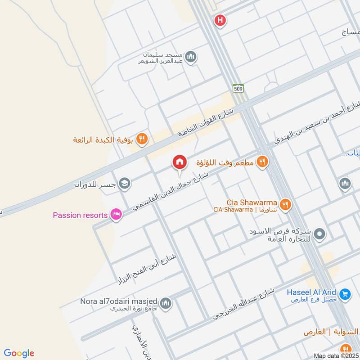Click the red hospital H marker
[220, 20]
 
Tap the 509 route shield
[238, 88]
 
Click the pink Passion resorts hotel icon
[116, 215]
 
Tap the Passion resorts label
[80, 215]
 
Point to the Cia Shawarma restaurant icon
[285, 205]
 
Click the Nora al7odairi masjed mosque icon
[166, 303]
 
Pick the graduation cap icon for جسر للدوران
[125, 183]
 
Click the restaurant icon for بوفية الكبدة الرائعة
[142, 139]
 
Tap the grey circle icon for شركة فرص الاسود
[320, 234]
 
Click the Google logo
[19, 353]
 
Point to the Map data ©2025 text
[336, 355]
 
